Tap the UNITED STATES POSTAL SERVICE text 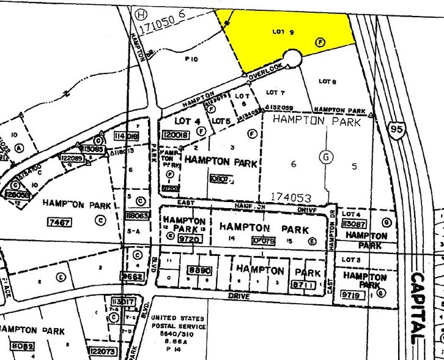pos(178,330)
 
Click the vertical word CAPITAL pos(420,300)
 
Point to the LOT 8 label pos(328,81)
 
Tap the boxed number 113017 pos(122,301)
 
